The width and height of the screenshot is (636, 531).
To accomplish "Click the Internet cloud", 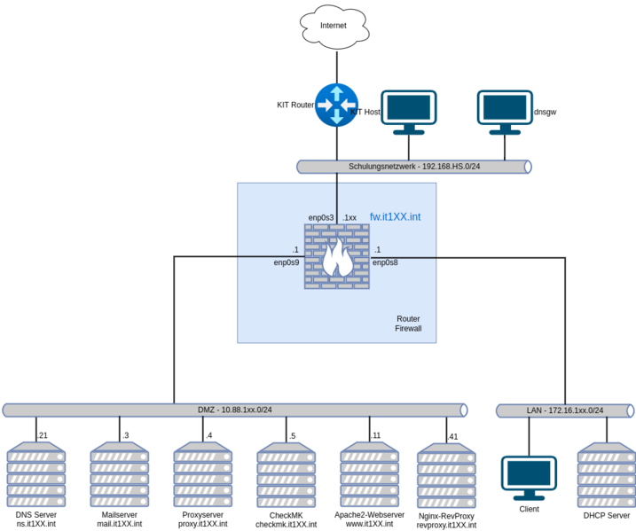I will [334, 26].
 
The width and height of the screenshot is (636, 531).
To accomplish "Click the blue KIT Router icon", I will [336, 105].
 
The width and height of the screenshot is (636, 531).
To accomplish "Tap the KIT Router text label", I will [295, 105].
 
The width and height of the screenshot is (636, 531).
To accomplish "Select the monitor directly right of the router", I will [409, 111].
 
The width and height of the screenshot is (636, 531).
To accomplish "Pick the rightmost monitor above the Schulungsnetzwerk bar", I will [505, 111].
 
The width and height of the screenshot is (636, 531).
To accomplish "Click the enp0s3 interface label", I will [321, 217].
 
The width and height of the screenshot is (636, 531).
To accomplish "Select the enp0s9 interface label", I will [286, 262].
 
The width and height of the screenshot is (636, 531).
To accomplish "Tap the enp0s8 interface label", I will [385, 262].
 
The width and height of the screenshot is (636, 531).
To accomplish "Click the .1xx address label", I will [349, 217].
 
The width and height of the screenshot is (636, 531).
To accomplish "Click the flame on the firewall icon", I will [336, 259].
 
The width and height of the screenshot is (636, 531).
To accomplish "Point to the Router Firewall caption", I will [408, 324].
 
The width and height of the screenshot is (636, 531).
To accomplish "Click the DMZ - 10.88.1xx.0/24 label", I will [234, 410].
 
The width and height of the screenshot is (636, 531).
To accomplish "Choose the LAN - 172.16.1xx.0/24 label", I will [564, 410].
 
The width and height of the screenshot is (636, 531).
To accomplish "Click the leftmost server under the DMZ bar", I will [36, 475].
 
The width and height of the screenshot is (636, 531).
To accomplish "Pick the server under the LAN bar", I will [606, 475].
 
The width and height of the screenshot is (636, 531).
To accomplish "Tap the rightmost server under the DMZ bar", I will [446, 475].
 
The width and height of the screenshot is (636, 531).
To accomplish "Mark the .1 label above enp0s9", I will [295, 250].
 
